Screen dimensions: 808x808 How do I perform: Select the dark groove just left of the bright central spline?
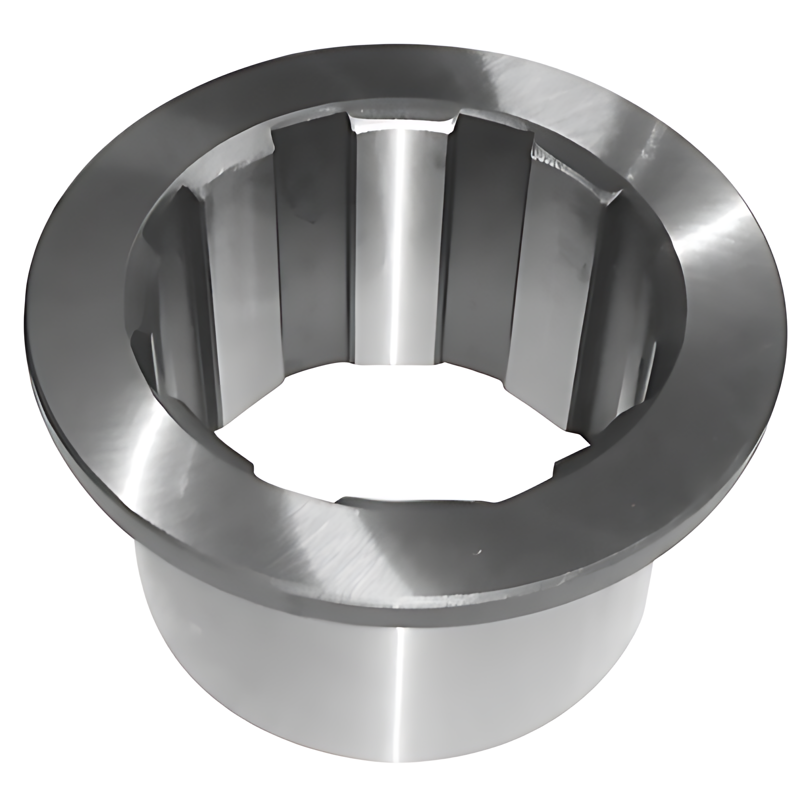(x=315, y=269)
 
